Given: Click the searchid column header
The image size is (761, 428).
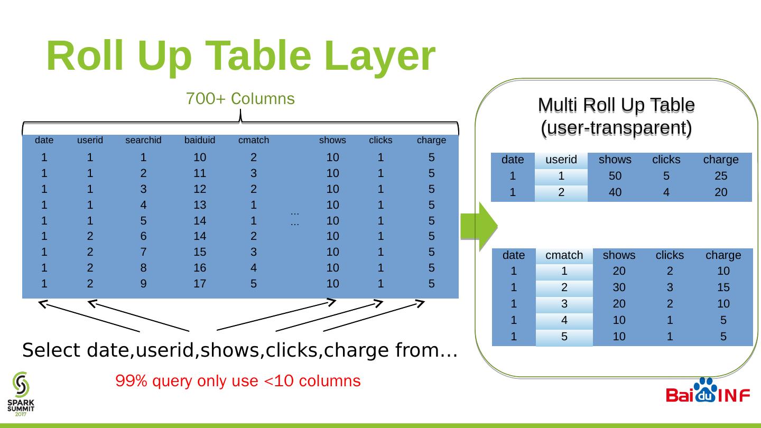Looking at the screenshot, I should pyautogui.click(x=143, y=141).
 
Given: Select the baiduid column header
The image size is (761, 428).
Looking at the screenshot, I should pyautogui.click(x=200, y=141).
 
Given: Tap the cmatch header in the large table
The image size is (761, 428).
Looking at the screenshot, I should pyautogui.click(x=254, y=141).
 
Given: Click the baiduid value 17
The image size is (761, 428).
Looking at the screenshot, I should pyautogui.click(x=199, y=283).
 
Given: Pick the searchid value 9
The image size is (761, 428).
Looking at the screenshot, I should pyautogui.click(x=143, y=283).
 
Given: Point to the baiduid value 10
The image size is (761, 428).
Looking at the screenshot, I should pyautogui.click(x=199, y=157).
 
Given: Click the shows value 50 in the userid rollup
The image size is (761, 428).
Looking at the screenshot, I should pyautogui.click(x=615, y=176).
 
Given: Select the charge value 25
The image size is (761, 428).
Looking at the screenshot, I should pyautogui.click(x=720, y=176).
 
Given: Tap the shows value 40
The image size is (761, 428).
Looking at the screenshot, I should pyautogui.click(x=615, y=192).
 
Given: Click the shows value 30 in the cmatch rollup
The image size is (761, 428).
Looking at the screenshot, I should pyautogui.click(x=619, y=287).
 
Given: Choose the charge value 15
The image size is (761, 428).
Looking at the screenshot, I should pyautogui.click(x=723, y=287).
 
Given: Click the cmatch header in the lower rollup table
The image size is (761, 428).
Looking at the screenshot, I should pyautogui.click(x=564, y=255).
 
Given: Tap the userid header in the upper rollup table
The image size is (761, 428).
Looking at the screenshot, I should pyautogui.click(x=561, y=160).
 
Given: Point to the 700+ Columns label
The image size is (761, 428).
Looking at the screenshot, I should pyautogui.click(x=240, y=99).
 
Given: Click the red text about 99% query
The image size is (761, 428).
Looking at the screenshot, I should pyautogui.click(x=238, y=381).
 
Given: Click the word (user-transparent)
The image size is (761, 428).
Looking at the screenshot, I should pyautogui.click(x=616, y=128).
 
